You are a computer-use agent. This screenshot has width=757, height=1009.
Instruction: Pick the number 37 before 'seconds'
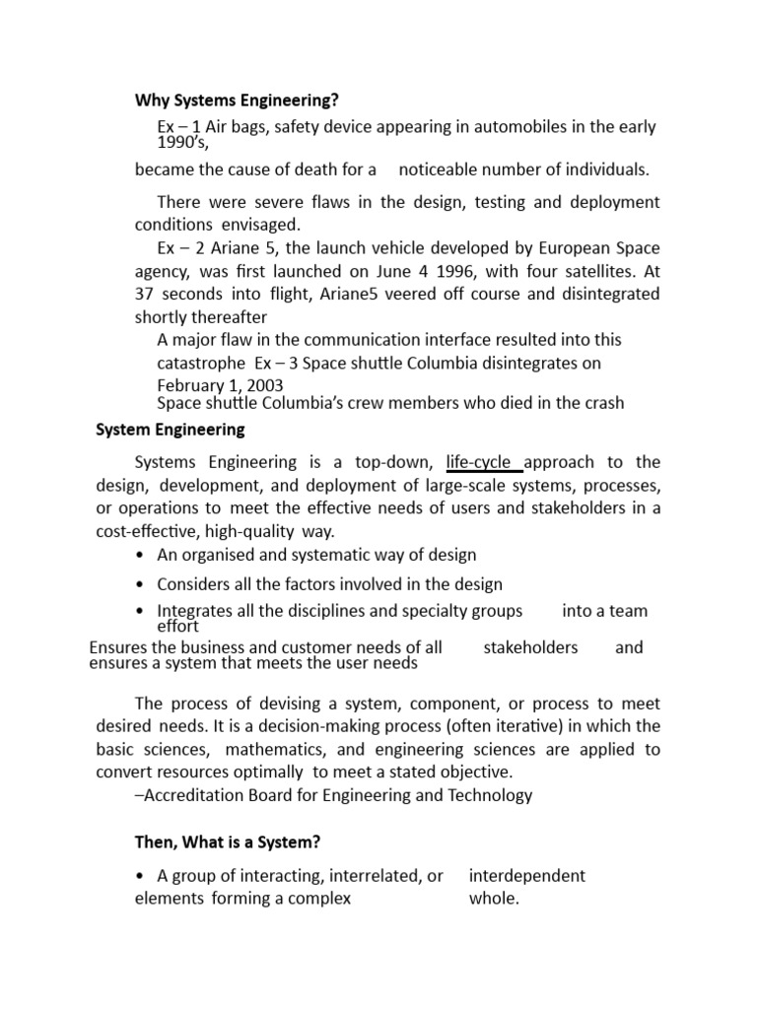pyautogui.click(x=145, y=294)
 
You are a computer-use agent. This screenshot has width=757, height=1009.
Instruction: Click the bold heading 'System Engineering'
pyautogui.click(x=171, y=430)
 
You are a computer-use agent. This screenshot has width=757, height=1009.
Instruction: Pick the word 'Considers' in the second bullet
pyautogui.click(x=193, y=584)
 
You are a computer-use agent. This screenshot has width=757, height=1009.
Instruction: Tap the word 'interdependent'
pyautogui.click(x=526, y=876)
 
